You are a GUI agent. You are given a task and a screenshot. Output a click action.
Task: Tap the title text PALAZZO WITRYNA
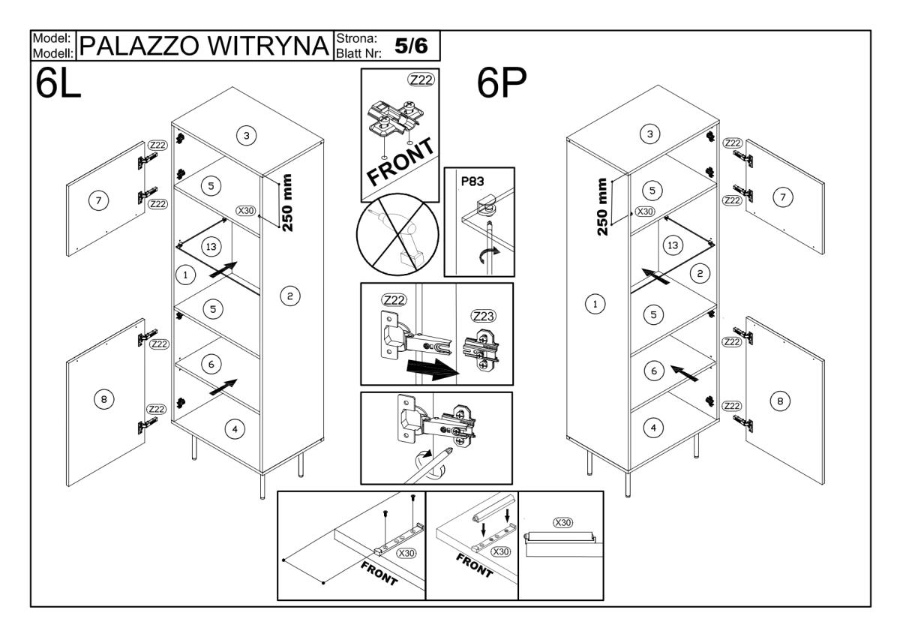[205, 46]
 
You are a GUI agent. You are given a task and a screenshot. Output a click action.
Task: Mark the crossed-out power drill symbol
[391, 240]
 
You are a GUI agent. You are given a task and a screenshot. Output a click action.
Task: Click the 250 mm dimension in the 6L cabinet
[289, 202]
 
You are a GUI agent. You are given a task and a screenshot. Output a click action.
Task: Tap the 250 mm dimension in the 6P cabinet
[602, 206]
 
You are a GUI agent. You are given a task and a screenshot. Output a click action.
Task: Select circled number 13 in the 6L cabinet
[210, 247]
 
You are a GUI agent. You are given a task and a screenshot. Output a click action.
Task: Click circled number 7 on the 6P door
[782, 197]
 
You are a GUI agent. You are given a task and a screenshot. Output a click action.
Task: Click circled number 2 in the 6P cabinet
[698, 275]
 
